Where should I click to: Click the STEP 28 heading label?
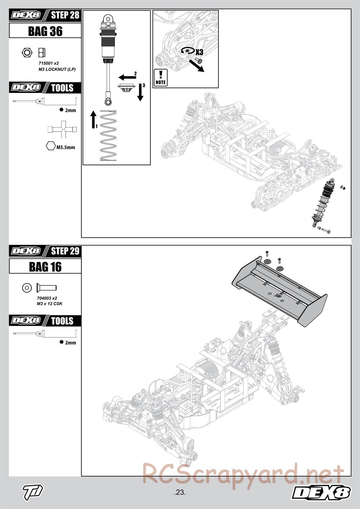[65, 15]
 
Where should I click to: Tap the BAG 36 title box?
[45, 31]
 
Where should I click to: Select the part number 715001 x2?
[48, 63]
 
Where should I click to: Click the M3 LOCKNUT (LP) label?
[57, 69]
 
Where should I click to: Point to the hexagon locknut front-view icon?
[26, 53]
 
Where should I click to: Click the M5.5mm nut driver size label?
[66, 147]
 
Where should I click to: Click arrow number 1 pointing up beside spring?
[93, 120]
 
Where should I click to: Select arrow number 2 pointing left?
[126, 77]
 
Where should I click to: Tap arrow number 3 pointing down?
[140, 93]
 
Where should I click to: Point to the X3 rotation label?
[199, 52]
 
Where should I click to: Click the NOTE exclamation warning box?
[161, 77]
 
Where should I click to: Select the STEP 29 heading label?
[65, 251]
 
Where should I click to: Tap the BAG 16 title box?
[45, 267]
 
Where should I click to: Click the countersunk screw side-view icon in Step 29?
[46, 288]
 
